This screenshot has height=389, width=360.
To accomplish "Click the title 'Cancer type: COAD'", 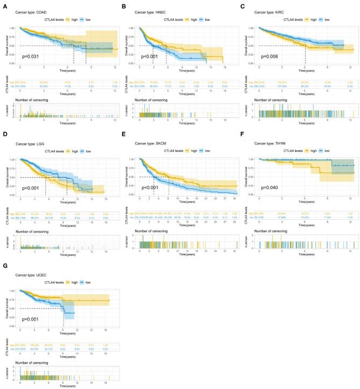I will [x=31, y=11].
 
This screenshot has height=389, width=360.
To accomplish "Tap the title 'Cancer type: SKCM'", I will [x=151, y=143].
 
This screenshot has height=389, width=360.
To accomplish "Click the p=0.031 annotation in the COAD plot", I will [x=30, y=55].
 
